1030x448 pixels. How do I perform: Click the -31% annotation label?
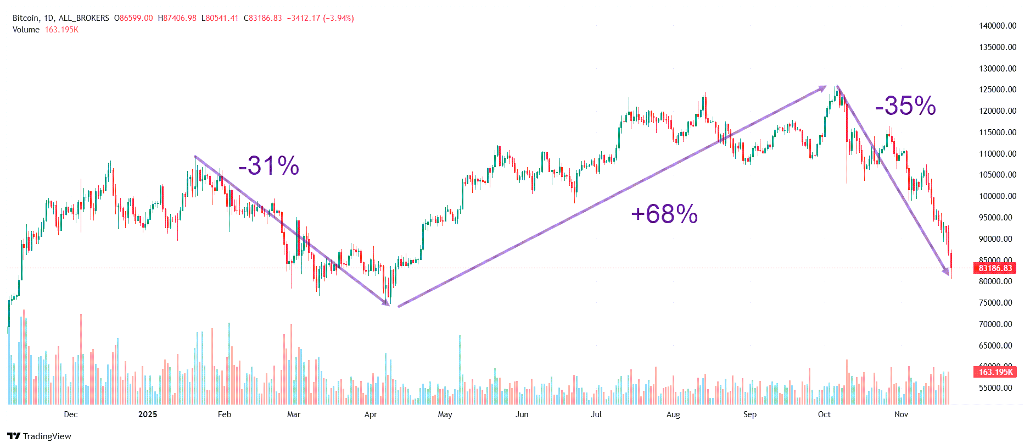pyautogui.click(x=268, y=165)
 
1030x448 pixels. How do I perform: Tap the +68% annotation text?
pyautogui.click(x=664, y=214)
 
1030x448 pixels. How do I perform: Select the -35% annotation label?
pyautogui.click(x=905, y=106)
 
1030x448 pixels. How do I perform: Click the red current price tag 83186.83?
pyautogui.click(x=995, y=268)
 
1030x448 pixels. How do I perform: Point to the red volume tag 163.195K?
pyautogui.click(x=995, y=372)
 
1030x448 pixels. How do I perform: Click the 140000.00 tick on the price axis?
pyautogui.click(x=998, y=26)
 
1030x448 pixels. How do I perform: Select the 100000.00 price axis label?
pyautogui.click(x=998, y=196)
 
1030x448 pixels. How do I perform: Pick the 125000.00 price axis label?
pyautogui.click(x=998, y=90)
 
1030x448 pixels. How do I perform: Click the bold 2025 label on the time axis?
pyautogui.click(x=148, y=414)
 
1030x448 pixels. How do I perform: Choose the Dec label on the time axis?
pyautogui.click(x=71, y=414)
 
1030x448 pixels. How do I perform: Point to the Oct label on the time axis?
pyautogui.click(x=824, y=414)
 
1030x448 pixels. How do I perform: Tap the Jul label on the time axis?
pyautogui.click(x=596, y=414)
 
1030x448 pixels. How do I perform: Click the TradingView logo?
pyautogui.click(x=39, y=436)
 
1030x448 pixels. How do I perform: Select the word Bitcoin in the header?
pyautogui.click(x=26, y=18)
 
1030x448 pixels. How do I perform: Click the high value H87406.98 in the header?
pyautogui.click(x=177, y=18)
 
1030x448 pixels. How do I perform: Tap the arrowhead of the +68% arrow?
pyautogui.click(x=822, y=87)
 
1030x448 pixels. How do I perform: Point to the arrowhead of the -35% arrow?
pyautogui.click(x=946, y=272)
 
